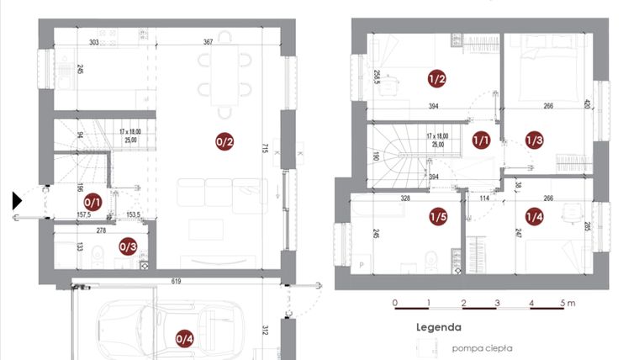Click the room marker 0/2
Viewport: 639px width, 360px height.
(x=224, y=142)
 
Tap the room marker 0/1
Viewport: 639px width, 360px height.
(x=93, y=202)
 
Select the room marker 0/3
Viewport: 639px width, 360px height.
(x=128, y=246)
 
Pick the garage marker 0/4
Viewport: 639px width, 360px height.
(x=184, y=339)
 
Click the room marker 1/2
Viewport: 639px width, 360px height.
(x=436, y=80)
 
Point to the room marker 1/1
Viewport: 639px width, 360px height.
(x=482, y=140)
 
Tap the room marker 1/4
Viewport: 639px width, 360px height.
(x=535, y=216)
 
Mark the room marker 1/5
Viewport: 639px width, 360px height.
(x=437, y=216)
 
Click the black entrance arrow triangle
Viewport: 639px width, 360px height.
(x=17, y=200)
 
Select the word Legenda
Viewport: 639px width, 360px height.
(x=438, y=327)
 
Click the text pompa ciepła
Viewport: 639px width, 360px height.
(x=482, y=347)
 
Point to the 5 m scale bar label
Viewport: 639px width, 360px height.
(x=569, y=302)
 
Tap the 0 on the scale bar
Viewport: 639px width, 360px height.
(x=395, y=302)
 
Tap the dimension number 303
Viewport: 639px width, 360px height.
(x=93, y=41)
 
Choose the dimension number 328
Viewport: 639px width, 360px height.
(x=405, y=199)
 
